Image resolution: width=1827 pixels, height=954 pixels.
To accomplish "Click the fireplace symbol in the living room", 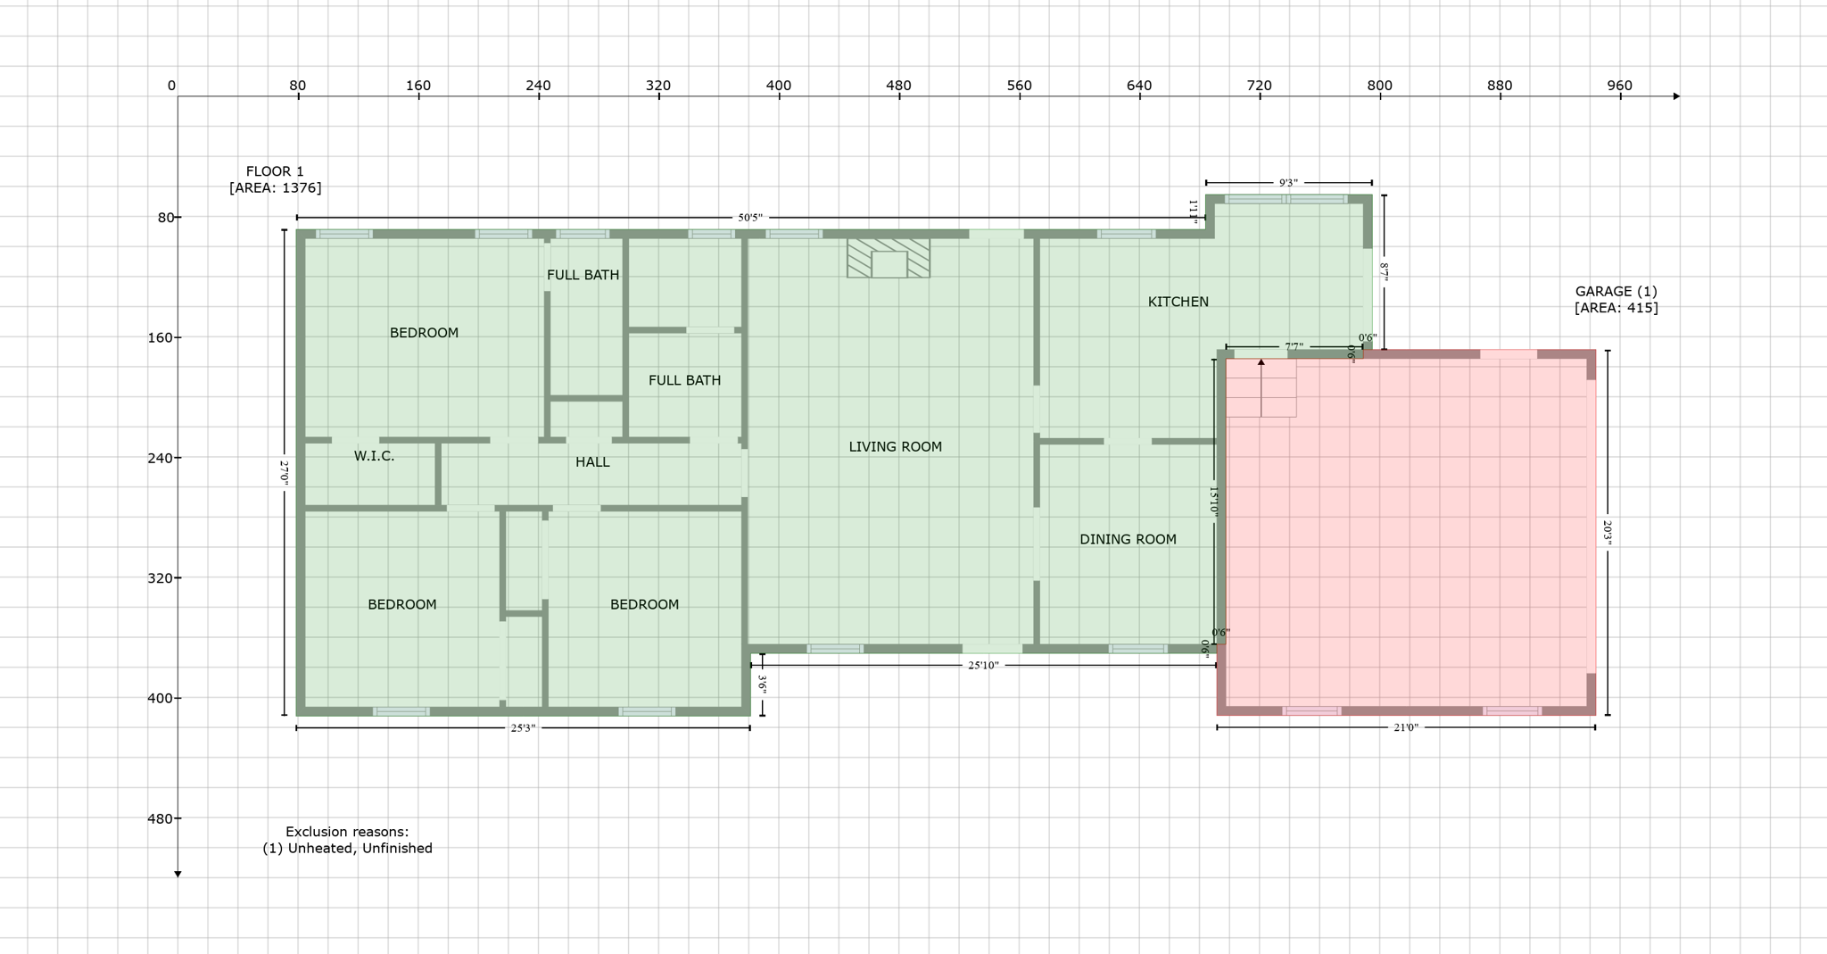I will (x=889, y=258).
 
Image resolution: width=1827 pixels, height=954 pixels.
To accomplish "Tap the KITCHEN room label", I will (x=1178, y=302).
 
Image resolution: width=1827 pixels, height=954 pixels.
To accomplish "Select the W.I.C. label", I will (x=374, y=456).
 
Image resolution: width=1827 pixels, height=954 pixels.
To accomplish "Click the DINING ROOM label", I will (x=1128, y=539).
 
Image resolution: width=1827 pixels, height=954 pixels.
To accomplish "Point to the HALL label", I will (x=592, y=462).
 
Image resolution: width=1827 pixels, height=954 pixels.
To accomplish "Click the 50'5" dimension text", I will (x=750, y=218).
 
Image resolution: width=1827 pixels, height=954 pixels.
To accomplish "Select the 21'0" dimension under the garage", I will (x=1406, y=727).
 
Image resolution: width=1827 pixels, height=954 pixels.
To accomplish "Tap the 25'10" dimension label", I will (x=983, y=665).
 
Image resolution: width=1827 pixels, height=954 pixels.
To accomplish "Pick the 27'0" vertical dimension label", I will (x=285, y=472).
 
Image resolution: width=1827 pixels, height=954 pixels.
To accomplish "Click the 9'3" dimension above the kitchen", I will (x=1288, y=183).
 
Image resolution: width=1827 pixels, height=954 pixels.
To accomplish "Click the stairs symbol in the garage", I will (x=1261, y=388).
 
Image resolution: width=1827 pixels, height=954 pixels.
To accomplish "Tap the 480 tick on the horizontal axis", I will (x=898, y=87).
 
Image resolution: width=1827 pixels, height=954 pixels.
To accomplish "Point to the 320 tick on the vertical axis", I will (x=161, y=578).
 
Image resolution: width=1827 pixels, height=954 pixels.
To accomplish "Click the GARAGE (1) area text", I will (x=1616, y=300).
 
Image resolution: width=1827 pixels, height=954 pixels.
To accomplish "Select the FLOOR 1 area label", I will (x=275, y=179).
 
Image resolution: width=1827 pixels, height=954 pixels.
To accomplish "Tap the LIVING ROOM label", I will (x=895, y=447).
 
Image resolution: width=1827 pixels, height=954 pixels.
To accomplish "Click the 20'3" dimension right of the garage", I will (x=1608, y=533).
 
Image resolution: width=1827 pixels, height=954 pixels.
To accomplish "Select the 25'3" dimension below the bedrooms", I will (x=523, y=728).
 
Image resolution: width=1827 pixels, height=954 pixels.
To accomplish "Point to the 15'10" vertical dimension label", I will (x=1213, y=500).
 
